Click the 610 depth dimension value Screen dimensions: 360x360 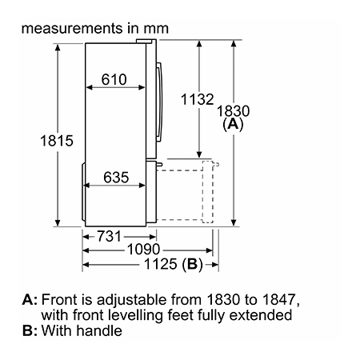pyautogui.click(x=114, y=79)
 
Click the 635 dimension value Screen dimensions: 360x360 pyautogui.click(x=116, y=178)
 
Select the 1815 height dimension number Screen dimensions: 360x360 pyautogui.click(x=57, y=141)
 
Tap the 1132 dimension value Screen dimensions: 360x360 pyautogui.click(x=198, y=99)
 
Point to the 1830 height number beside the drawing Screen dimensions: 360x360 pyautogui.click(x=234, y=111)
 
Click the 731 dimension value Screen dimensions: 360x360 pyautogui.click(x=109, y=236)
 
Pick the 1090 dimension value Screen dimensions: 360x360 pyautogui.click(x=143, y=250)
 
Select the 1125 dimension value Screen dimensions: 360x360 pyautogui.click(x=161, y=264)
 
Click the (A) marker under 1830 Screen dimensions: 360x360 pyautogui.click(x=233, y=124)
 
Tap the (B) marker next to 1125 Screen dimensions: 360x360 pyautogui.click(x=192, y=264)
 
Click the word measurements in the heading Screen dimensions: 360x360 pyautogui.click(x=72, y=28)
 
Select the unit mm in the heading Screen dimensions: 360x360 pyautogui.click(x=156, y=29)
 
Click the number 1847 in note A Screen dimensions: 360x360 pyautogui.click(x=278, y=299)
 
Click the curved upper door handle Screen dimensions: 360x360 pyautogui.click(x=159, y=102)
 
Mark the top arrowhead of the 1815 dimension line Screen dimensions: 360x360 pyautogui.click(x=58, y=47)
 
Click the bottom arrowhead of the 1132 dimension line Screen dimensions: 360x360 pyautogui.click(x=199, y=154)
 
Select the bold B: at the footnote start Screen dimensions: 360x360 pyautogui.click(x=30, y=330)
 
